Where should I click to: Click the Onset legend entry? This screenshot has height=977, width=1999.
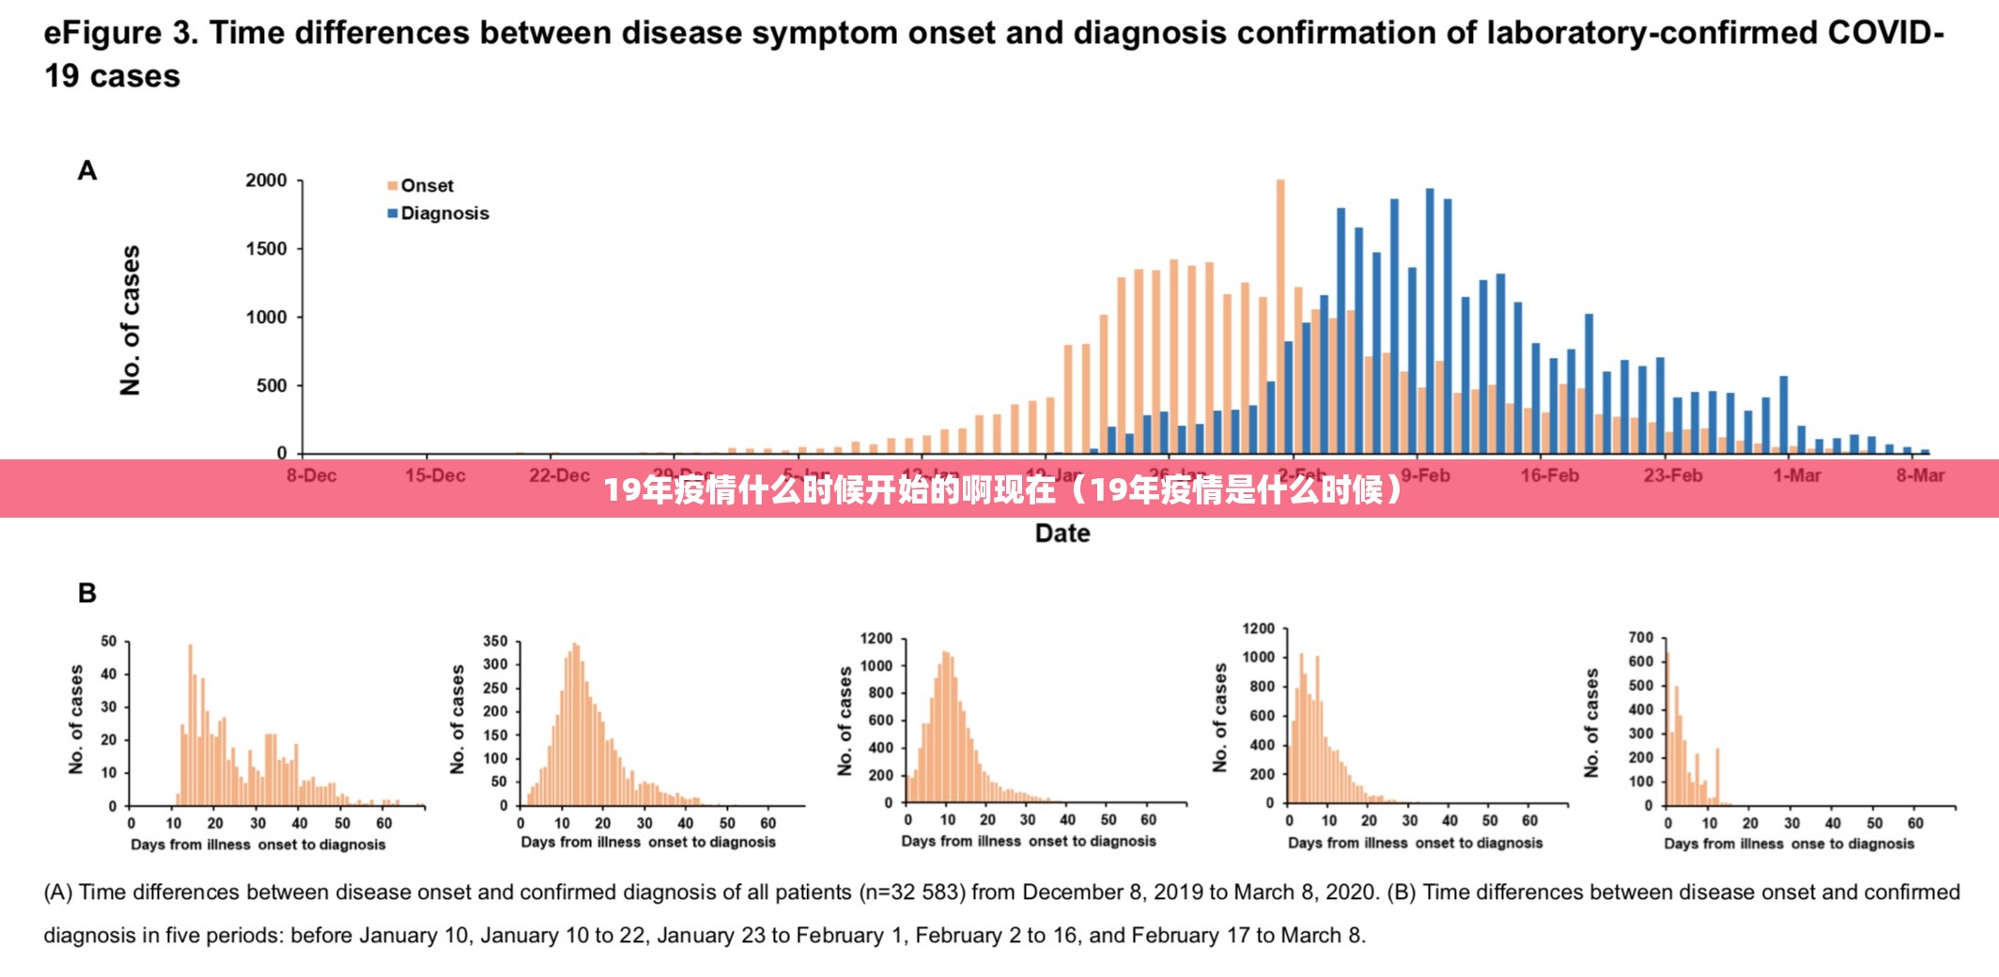(x=426, y=186)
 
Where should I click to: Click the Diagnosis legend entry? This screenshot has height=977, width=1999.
(x=443, y=213)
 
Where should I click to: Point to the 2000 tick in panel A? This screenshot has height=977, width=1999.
(x=266, y=180)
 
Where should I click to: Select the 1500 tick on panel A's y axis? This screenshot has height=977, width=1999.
(x=266, y=249)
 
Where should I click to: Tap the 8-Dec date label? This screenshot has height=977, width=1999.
(x=311, y=475)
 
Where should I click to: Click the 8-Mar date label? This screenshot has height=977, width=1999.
(x=1919, y=475)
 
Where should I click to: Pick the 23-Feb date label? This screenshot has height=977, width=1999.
(x=1672, y=475)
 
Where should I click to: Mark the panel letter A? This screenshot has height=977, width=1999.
(x=87, y=171)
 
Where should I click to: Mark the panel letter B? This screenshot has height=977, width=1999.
(x=87, y=593)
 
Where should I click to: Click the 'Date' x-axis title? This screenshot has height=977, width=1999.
(x=1062, y=534)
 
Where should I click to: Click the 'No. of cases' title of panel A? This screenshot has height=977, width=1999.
(x=131, y=320)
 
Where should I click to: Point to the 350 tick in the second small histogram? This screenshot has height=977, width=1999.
(x=495, y=642)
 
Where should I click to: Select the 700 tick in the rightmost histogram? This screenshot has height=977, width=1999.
(x=1640, y=638)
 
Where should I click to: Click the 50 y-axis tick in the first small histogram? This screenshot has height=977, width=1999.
(x=109, y=642)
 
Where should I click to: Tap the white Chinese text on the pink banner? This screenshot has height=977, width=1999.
(x=1003, y=489)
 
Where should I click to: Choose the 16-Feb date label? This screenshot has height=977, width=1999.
(x=1549, y=475)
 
